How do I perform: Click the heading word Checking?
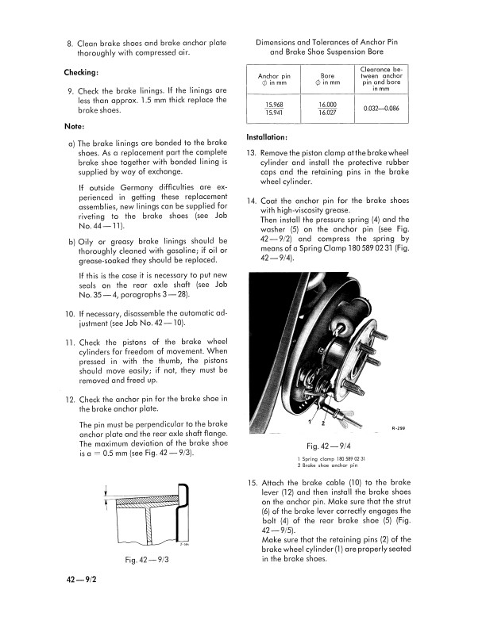pos(81,73)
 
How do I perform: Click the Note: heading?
pos(75,127)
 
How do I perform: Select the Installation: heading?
pos(272,137)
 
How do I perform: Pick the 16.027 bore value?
pos(326,113)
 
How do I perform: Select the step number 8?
pos(70,41)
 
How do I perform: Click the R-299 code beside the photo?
pos(399,429)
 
